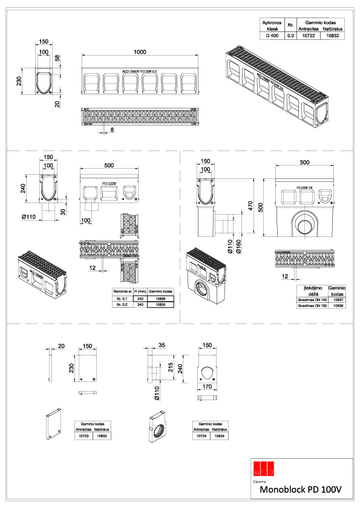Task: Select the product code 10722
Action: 309,36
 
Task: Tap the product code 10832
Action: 333,36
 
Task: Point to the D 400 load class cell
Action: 272,36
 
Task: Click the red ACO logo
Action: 264,467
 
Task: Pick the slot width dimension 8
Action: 112,129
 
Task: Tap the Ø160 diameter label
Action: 239,247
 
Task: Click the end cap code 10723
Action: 83,435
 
